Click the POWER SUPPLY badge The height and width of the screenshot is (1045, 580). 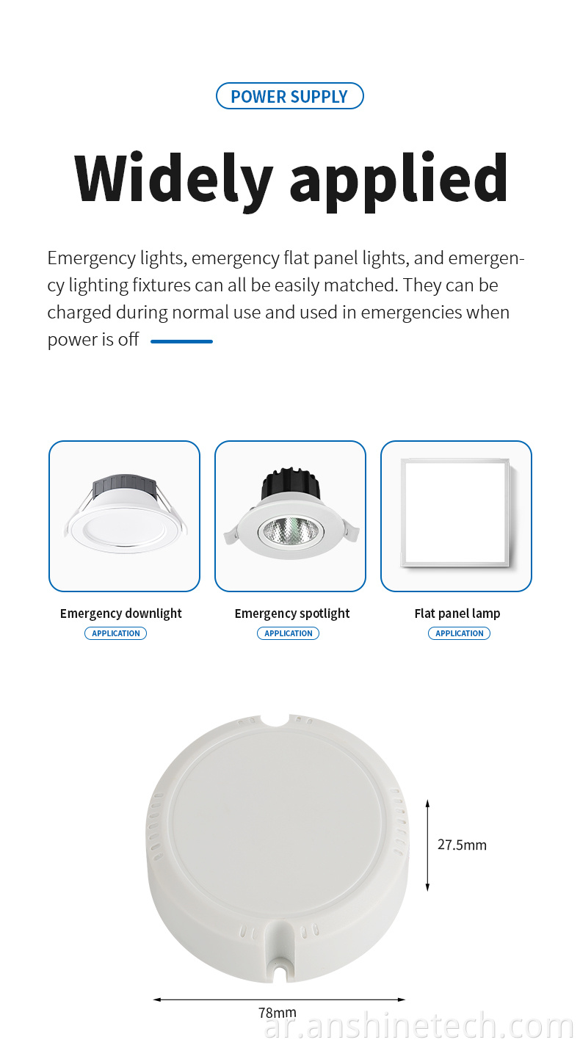[x=290, y=96]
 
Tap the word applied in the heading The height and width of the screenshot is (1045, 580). [x=399, y=181]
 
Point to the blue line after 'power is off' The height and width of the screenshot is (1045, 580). [x=181, y=341]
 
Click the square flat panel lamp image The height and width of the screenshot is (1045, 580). [x=455, y=513]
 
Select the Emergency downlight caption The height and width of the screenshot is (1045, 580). [x=121, y=613]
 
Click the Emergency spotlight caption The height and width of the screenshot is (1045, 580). [x=292, y=613]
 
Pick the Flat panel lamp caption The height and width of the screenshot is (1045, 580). [x=457, y=613]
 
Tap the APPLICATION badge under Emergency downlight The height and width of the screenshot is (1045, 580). [x=116, y=633]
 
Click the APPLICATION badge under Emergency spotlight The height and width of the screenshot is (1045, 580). [x=289, y=633]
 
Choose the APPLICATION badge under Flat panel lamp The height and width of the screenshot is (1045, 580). [x=460, y=633]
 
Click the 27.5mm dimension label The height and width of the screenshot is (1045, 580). [x=462, y=845]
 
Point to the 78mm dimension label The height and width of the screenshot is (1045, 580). [x=278, y=1013]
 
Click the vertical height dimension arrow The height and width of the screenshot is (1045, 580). [x=427, y=845]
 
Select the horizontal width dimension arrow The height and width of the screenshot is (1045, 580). [x=279, y=1000]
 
